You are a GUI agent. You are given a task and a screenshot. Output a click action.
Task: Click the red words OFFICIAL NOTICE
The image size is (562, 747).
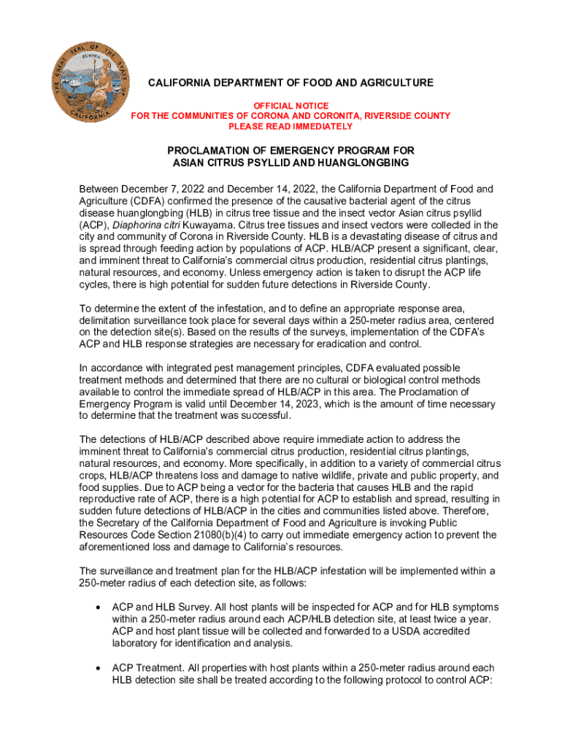(290, 106)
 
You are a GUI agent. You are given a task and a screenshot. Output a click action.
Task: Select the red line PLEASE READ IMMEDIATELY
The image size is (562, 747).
(290, 126)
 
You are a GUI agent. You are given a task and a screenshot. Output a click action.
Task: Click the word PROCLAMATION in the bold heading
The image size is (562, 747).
(212, 150)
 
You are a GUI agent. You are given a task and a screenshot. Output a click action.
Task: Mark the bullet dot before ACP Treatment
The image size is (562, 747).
(98, 667)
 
